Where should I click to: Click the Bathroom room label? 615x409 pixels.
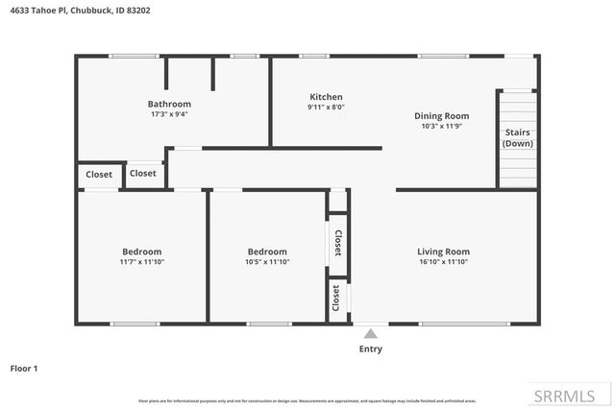tap(169, 104)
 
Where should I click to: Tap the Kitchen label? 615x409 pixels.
tap(326, 97)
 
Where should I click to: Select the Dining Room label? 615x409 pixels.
tap(441, 114)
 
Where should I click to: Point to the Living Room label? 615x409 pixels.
tap(443, 252)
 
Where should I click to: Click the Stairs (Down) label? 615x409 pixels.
tap(517, 138)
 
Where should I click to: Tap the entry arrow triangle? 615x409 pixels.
tap(370, 333)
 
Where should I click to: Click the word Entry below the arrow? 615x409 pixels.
tap(370, 349)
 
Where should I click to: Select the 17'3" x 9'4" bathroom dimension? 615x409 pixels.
tap(169, 114)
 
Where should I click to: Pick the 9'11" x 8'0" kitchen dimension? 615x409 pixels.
tap(326, 108)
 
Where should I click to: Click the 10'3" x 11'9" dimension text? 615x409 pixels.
tap(441, 126)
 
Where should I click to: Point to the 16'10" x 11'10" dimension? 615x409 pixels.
tap(443, 262)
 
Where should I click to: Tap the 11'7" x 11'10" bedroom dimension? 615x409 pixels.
tap(141, 262)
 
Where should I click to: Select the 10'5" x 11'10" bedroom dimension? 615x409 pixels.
tap(267, 262)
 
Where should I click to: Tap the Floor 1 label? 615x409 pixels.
tap(24, 368)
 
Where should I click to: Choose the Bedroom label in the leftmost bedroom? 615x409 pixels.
tap(141, 252)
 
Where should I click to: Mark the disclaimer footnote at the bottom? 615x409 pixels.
tap(307, 399)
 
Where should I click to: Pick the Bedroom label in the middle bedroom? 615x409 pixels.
tap(267, 252)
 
